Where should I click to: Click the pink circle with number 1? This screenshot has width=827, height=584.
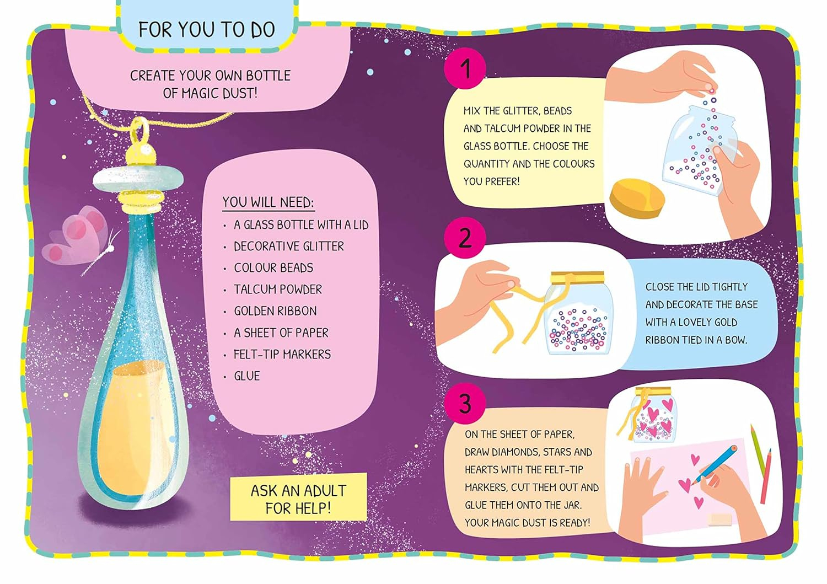pos(465,69)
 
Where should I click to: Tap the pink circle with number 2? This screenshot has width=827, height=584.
pos(465,238)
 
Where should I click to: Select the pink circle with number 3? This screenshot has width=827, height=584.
pos(465,404)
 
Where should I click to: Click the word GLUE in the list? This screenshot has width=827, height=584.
pos(246,376)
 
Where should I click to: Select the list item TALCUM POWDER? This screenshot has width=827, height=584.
pos(278,290)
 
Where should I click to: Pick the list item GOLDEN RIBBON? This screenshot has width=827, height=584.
pos(275,311)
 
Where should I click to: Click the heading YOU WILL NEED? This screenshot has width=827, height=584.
pos(268,202)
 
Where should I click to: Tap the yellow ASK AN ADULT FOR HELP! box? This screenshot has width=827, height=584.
pos(298,499)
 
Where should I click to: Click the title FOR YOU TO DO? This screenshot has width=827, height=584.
pos(207,30)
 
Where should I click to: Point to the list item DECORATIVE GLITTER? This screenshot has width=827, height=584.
pos(288,247)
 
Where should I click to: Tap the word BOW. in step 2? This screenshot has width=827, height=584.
pos(735,340)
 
